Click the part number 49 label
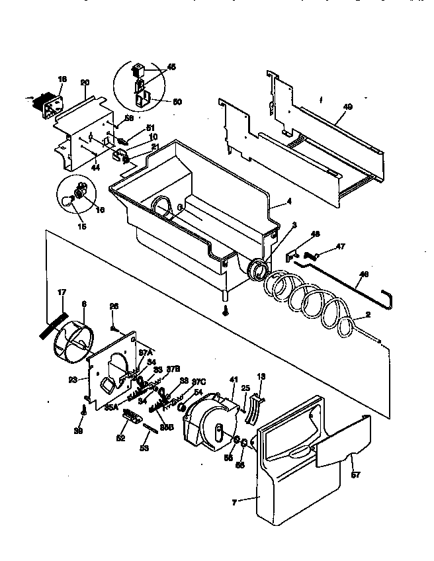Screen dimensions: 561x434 (348, 107)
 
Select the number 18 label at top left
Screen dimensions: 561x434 (62, 79)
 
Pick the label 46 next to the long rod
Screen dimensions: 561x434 (364, 275)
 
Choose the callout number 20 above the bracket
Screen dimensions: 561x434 (85, 82)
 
